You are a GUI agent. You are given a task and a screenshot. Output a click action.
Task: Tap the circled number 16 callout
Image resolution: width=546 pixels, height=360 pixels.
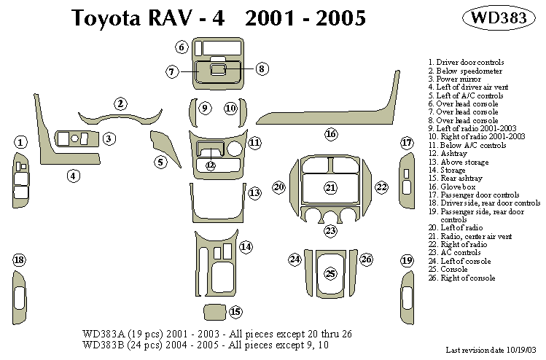coord(331,134)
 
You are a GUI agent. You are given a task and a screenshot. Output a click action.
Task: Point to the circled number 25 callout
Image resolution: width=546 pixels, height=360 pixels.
coord(330,274)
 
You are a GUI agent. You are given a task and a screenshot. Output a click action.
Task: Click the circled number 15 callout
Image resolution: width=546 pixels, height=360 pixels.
coord(235,312)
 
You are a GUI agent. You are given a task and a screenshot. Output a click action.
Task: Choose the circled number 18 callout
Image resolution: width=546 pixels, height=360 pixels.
coord(20,260)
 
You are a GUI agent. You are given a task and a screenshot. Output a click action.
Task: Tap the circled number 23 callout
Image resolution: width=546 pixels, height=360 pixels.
coord(331,231)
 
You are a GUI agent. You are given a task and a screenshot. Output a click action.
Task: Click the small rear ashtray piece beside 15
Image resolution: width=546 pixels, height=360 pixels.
coord(214,312)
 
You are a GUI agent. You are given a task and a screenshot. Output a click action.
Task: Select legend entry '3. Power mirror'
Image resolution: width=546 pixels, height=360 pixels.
coord(455,79)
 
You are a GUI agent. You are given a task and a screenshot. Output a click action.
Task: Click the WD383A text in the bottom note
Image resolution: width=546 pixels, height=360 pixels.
coord(102,333)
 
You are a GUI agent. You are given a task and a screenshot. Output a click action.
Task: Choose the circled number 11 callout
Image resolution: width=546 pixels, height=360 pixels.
coord(254,142)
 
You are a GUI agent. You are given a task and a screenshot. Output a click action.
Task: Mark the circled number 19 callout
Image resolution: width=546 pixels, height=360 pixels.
coord(407,260)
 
